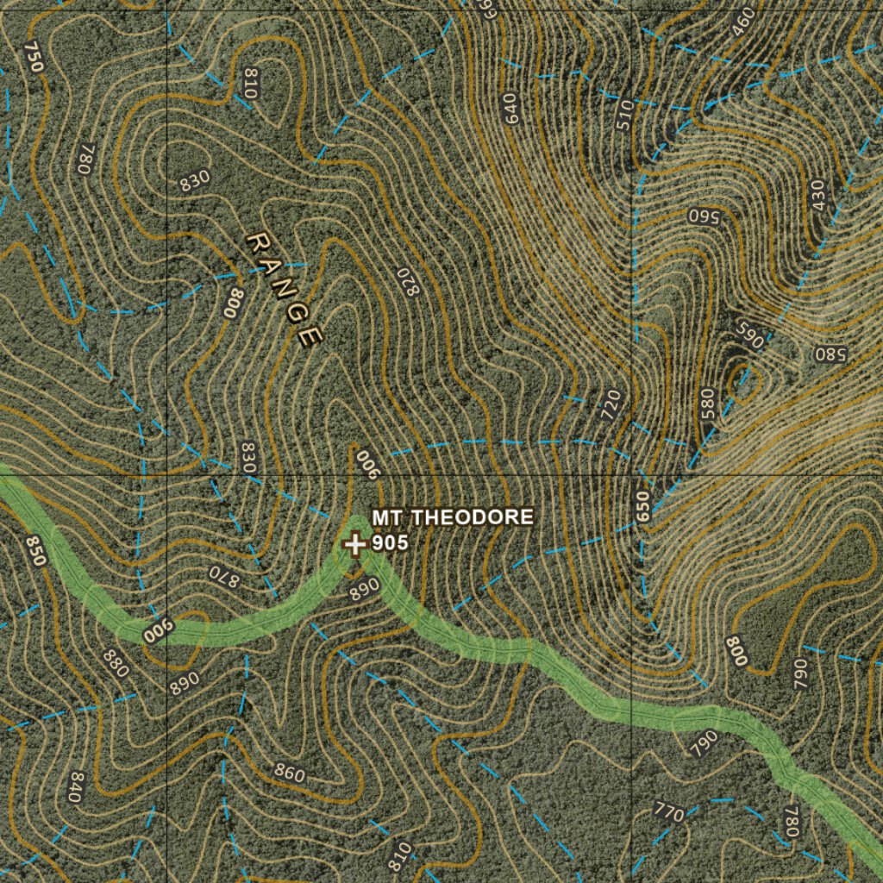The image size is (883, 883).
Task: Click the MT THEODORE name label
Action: pos(453,517)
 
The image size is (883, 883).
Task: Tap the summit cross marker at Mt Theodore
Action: pos(354,544)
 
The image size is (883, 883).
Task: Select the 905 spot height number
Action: pos(390,543)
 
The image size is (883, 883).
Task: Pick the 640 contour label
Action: pos(512,108)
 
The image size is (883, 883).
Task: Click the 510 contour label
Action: pos(624,115)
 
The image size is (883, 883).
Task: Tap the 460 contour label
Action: pos(742,23)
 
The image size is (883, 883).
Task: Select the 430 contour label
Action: pos(817,195)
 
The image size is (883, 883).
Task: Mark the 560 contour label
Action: pos(704,216)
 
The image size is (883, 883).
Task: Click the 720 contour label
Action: pos(611,404)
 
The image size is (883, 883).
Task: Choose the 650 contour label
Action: pos(641,504)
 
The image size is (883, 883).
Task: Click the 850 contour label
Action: pos(34,551)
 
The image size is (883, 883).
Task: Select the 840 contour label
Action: pos(75,787)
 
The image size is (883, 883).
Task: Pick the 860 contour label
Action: pos(289,773)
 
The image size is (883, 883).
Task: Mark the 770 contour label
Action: pos(669,811)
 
